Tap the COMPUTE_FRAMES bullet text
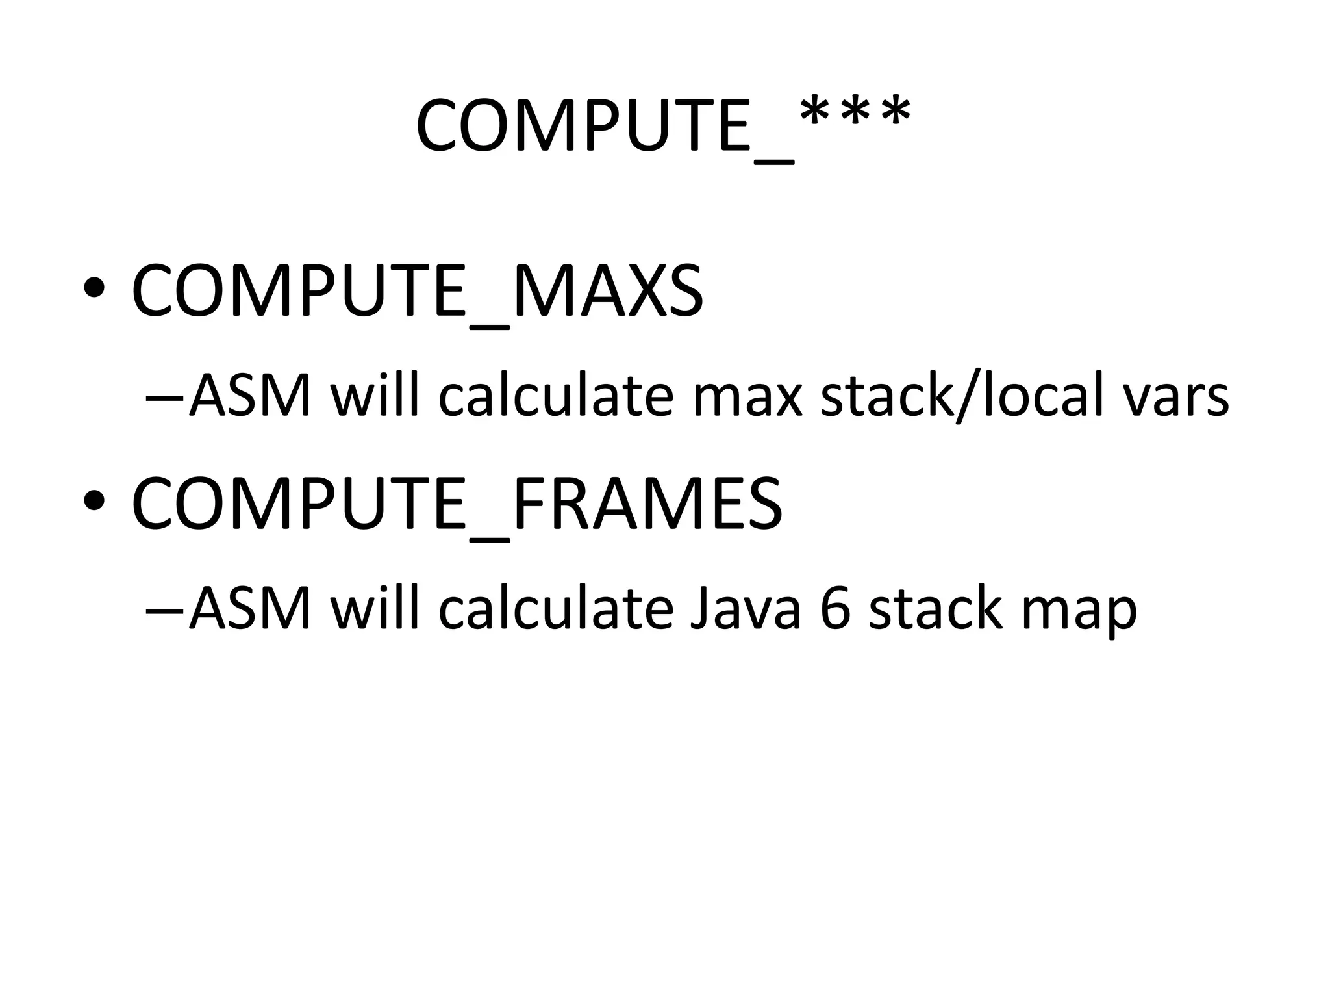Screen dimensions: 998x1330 [x=457, y=504]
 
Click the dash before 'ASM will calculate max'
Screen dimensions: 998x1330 [x=165, y=398]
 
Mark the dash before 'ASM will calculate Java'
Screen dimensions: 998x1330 [x=165, y=611]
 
